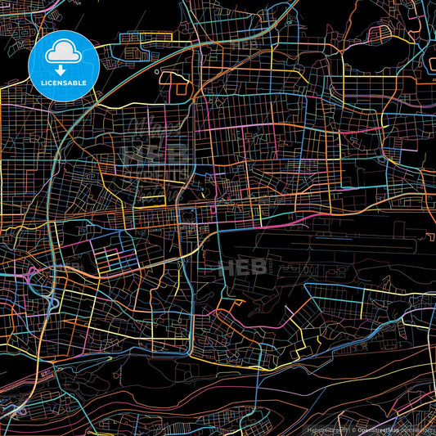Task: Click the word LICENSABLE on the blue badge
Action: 64,83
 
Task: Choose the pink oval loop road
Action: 380,34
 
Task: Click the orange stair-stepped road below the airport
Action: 233,306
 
